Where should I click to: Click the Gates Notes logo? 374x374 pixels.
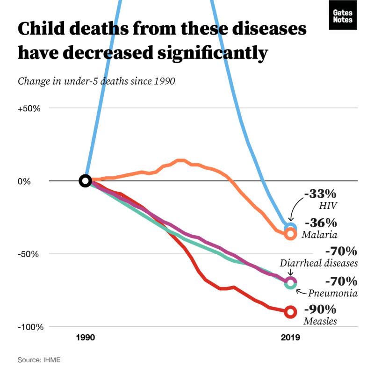343,17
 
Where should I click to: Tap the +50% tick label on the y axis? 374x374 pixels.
29,108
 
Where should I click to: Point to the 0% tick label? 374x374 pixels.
24,181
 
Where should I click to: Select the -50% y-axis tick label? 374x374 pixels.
29,254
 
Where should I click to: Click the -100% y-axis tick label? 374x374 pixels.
31,327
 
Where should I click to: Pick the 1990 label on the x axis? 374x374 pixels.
85,337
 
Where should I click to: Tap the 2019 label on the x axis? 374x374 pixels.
290,337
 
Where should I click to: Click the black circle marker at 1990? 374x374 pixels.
85,181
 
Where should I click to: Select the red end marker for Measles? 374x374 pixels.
290,312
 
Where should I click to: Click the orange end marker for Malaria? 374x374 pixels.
290,234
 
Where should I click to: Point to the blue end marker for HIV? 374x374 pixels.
290,228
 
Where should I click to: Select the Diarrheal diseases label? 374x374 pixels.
319,263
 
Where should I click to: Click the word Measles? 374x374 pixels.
320,321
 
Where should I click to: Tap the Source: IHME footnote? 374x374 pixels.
39,360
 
